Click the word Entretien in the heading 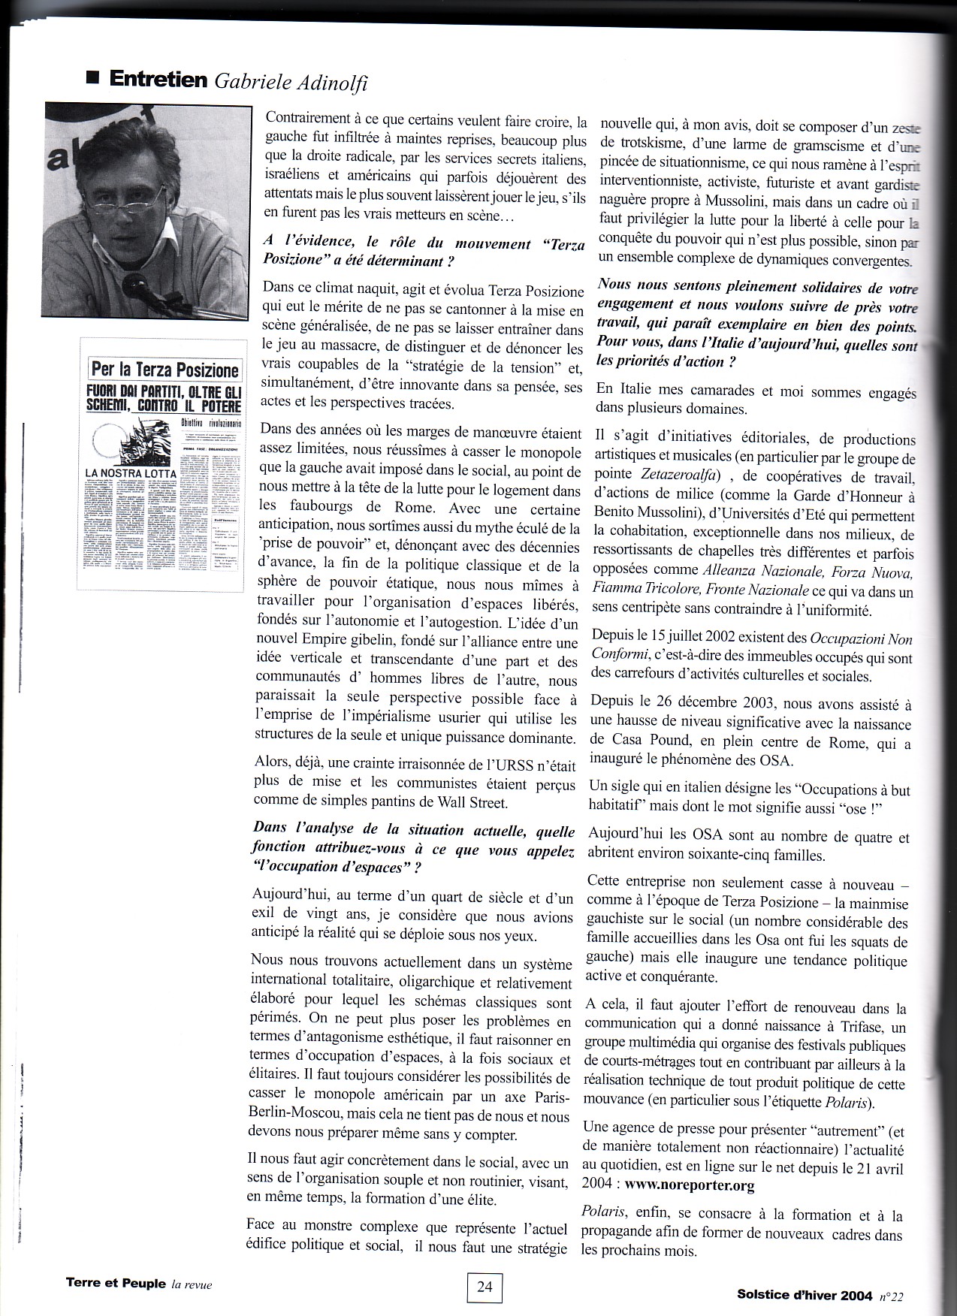(x=158, y=80)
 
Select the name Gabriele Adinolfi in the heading (x=291, y=81)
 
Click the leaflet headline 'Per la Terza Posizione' (x=165, y=370)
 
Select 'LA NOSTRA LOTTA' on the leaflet (x=131, y=474)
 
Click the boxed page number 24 (x=485, y=1287)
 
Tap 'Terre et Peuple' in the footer (x=116, y=1284)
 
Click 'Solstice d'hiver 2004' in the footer (x=805, y=1295)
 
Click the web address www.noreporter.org (x=690, y=1186)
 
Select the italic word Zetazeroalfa (x=676, y=475)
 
